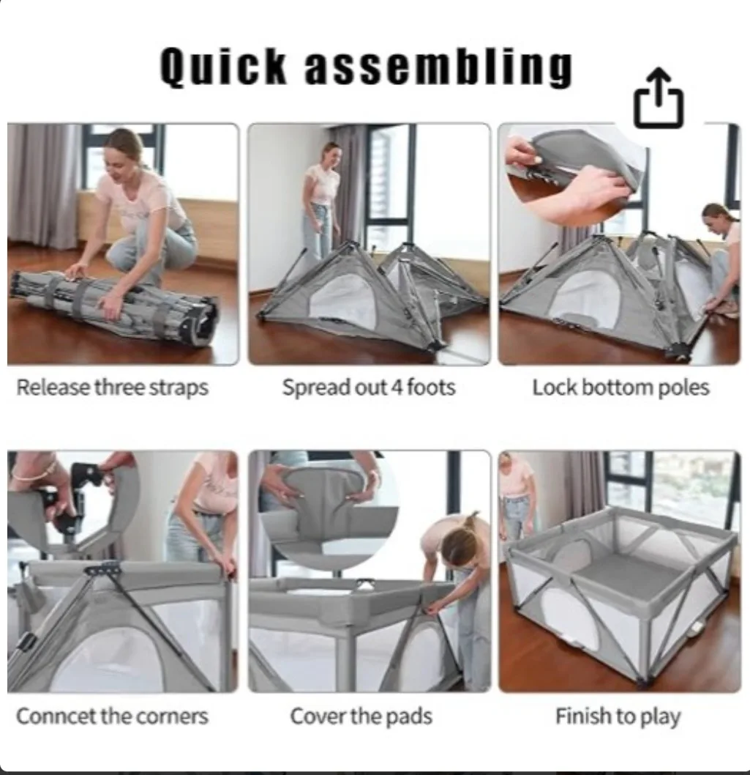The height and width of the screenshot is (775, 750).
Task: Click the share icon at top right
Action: click(658, 98)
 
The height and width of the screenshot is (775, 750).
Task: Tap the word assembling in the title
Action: click(437, 67)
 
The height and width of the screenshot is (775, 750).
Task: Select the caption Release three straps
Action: click(112, 387)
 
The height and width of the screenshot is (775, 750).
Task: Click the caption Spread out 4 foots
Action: click(369, 387)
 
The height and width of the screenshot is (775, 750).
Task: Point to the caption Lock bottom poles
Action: click(620, 387)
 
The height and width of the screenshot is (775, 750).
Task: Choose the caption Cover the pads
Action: click(361, 716)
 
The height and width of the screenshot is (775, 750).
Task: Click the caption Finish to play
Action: click(618, 716)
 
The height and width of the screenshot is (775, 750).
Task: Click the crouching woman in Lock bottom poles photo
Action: click(721, 256)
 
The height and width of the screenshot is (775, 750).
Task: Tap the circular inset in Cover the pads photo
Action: click(329, 505)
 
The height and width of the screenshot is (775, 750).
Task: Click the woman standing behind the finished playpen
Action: click(518, 491)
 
